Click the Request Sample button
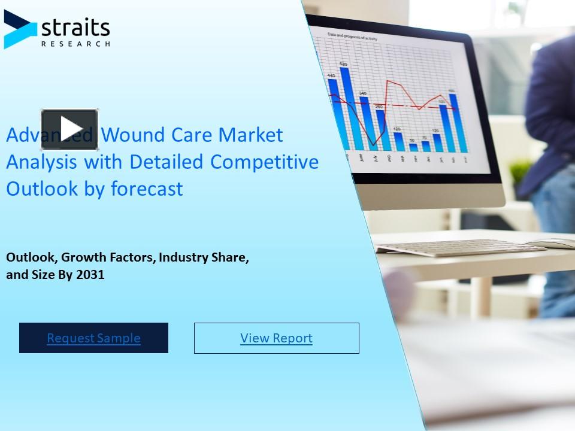[x=93, y=338]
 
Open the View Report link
[x=276, y=338]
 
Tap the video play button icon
[x=69, y=129]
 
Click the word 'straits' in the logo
[x=75, y=28]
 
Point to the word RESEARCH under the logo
[x=75, y=43]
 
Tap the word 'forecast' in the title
[x=147, y=189]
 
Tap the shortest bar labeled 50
[x=413, y=147]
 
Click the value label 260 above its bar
[x=379, y=107]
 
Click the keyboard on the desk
[x=459, y=247]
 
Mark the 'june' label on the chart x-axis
[x=361, y=158]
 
